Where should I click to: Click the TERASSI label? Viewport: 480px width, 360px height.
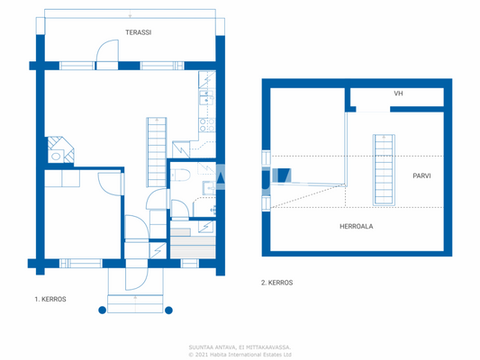[x=138, y=32]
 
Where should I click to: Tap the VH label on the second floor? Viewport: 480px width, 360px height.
[x=398, y=94]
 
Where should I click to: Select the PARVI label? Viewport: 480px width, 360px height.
[x=421, y=176]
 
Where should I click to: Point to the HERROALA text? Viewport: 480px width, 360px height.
[x=357, y=227]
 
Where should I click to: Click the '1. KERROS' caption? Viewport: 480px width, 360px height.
[x=50, y=298]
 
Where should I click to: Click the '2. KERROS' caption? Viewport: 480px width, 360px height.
[x=276, y=283]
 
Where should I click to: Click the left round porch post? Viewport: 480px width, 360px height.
[x=102, y=310]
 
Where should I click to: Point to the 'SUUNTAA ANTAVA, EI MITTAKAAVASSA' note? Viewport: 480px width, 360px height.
[x=240, y=346]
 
